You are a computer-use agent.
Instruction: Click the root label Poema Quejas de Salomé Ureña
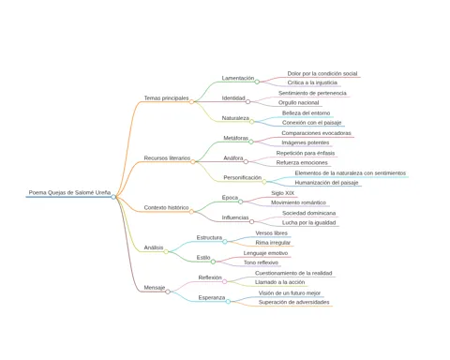click(x=69, y=192)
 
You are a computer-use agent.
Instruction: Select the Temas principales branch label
click(x=166, y=98)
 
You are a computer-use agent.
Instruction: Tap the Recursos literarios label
click(x=167, y=158)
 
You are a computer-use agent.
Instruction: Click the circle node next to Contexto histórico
click(x=191, y=212)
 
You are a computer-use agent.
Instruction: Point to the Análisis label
click(x=154, y=247)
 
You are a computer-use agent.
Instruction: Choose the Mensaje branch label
click(x=155, y=288)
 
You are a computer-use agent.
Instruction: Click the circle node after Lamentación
click(x=257, y=82)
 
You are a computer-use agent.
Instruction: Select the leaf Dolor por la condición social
click(x=322, y=73)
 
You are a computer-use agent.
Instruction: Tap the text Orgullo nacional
click(x=298, y=102)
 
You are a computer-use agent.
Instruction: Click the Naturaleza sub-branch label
click(x=235, y=118)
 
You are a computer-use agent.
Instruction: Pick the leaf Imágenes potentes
click(x=306, y=142)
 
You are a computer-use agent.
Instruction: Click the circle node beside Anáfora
click(x=246, y=162)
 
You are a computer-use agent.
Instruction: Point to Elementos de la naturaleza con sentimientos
click(x=351, y=173)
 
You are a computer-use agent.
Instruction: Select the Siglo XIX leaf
click(x=282, y=193)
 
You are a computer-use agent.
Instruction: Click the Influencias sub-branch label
click(x=235, y=217)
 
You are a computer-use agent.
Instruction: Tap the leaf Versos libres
click(x=271, y=233)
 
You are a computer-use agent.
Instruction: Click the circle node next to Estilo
click(x=213, y=262)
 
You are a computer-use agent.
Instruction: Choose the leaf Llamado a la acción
click(x=279, y=282)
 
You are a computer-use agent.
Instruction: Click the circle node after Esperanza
click(x=228, y=302)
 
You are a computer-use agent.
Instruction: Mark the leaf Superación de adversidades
click(x=293, y=302)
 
